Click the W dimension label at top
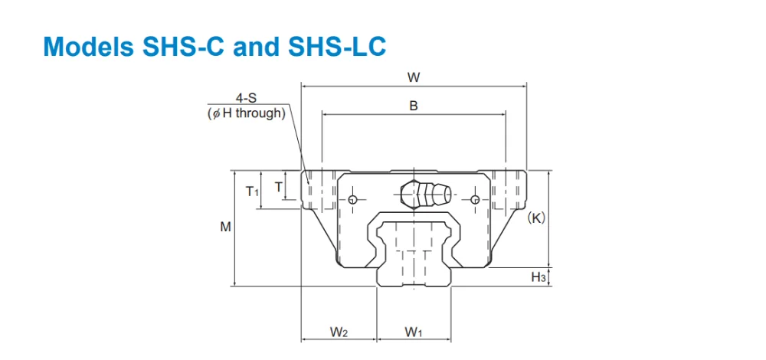[414, 77]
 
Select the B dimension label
[414, 106]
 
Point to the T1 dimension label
[253, 191]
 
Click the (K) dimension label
[536, 218]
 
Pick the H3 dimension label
[538, 277]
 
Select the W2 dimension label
[339, 332]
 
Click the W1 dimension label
[414, 332]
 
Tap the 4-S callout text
[246, 99]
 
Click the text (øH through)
[246, 113]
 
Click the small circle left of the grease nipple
[352, 200]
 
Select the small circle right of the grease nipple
[476, 200]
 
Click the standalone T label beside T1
[278, 186]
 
